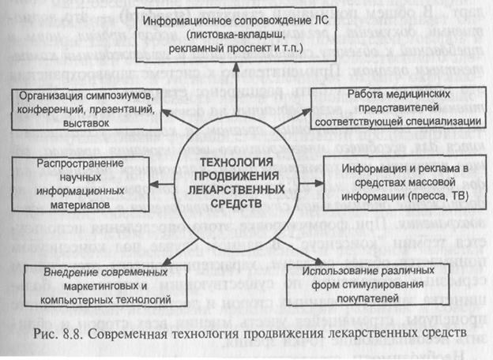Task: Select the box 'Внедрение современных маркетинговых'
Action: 95,286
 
